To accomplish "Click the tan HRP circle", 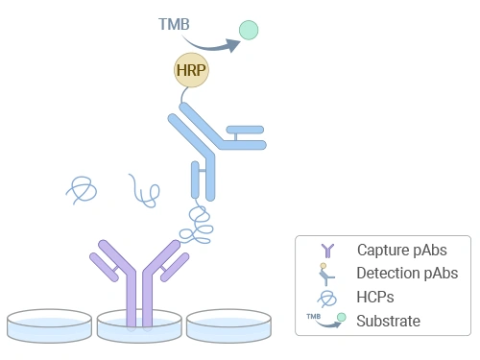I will (192, 70).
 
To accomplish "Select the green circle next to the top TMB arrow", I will (249, 30).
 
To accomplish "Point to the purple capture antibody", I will (136, 278).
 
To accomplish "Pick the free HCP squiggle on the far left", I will (83, 189).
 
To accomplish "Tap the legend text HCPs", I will (375, 297).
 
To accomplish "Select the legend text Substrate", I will (388, 320).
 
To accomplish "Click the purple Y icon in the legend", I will (324, 251).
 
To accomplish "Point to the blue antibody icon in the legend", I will (325, 274).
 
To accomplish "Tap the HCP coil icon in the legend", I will (325, 297).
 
